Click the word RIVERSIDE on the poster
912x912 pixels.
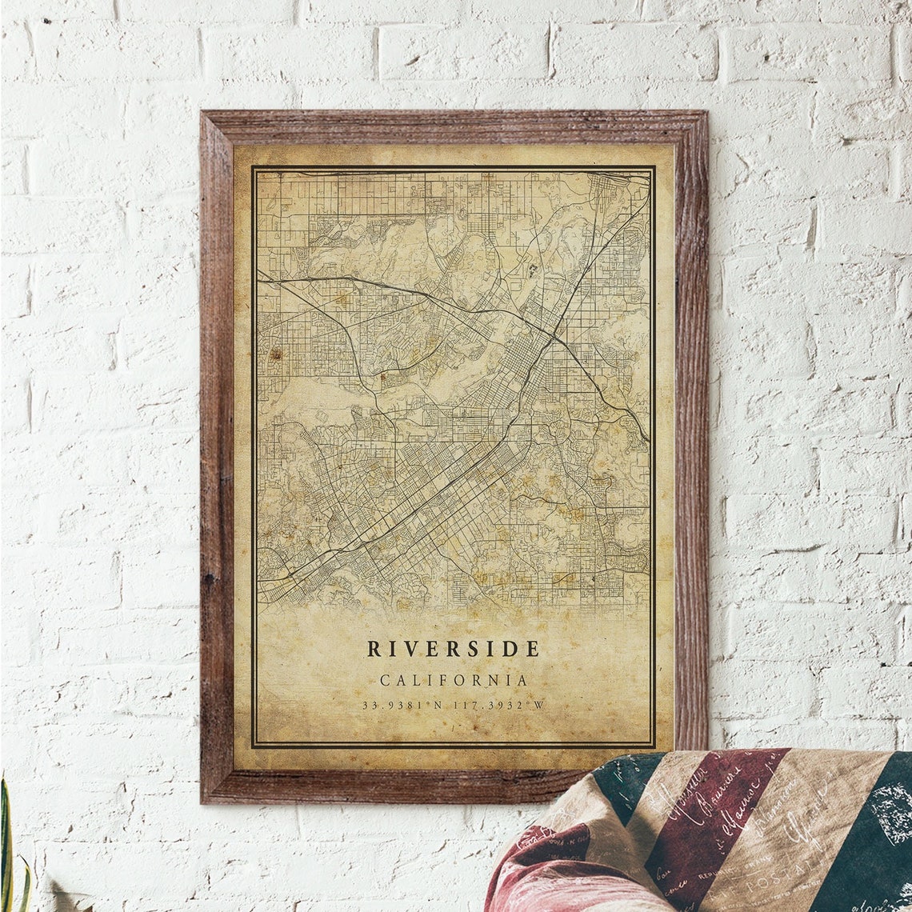point(453,649)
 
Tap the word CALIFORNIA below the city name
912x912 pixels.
point(454,681)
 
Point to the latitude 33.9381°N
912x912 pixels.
point(403,706)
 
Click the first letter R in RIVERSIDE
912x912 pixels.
point(373,649)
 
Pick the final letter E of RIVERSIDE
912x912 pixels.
point(534,649)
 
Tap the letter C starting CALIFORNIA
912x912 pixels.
point(385,681)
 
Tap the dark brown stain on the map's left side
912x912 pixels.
point(275,353)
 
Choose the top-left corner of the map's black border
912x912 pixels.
point(253,167)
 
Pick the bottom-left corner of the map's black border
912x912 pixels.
point(253,747)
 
